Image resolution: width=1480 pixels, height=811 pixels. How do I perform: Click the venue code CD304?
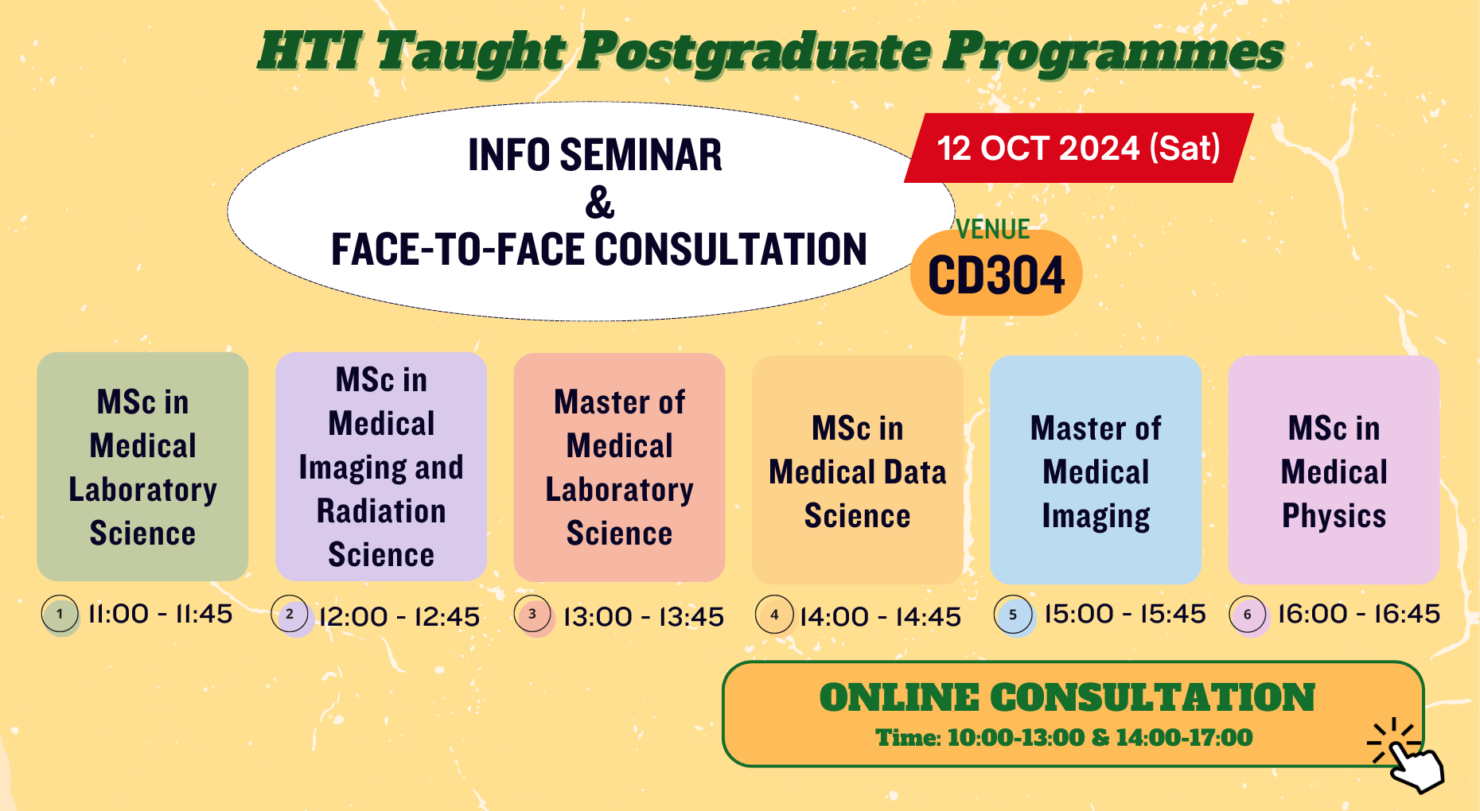pos(996,276)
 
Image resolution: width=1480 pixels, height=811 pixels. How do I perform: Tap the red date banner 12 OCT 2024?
pos(1078,149)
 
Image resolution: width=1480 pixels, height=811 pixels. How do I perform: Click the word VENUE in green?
pos(993,230)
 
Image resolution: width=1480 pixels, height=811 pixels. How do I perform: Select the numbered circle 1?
pos(60,614)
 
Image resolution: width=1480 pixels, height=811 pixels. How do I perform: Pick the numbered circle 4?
pos(774,615)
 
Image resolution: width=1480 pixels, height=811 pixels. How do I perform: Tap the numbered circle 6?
pos(1248,615)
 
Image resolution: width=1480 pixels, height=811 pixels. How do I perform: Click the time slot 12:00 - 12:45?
pos(399,616)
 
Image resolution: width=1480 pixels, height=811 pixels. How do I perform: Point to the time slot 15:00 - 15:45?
pos(1124,614)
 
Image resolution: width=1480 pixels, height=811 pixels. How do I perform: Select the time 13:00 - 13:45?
pos(643,616)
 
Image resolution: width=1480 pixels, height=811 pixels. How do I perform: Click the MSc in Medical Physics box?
pos(1334,471)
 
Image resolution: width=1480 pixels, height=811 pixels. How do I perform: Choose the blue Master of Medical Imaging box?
pos(1096,471)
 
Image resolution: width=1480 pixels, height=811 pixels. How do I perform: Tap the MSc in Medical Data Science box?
pos(857,471)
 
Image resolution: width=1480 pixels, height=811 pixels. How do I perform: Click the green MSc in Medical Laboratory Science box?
pos(142,467)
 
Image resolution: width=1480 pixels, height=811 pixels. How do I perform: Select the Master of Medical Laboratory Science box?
pos(619,467)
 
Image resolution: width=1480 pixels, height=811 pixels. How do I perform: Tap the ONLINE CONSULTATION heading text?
pos(1066,697)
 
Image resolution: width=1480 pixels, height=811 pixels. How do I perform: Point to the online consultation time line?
pos(1064,738)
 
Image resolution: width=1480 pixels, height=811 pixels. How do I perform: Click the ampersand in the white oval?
pos(599,203)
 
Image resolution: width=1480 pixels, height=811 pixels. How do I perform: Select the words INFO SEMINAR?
pos(594,155)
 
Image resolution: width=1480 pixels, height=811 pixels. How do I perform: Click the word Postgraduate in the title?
pos(754,52)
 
